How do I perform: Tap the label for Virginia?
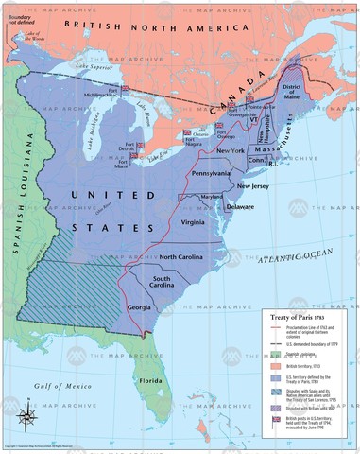click(192, 222)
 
